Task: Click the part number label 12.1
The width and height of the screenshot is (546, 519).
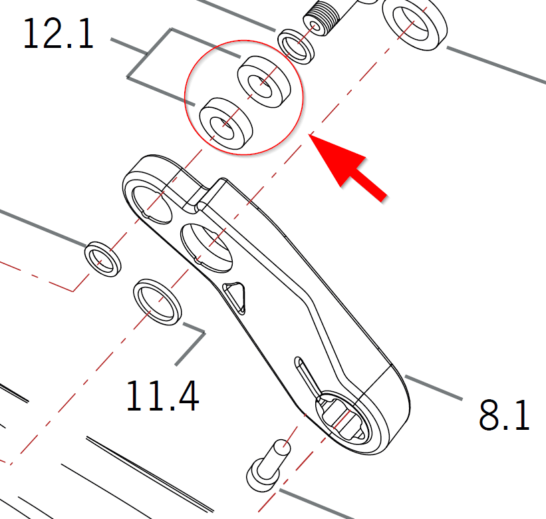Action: click(x=58, y=33)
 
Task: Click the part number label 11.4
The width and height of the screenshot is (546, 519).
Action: click(x=163, y=396)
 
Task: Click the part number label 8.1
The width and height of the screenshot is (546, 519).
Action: click(x=505, y=415)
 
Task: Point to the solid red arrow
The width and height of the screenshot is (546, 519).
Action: click(x=348, y=168)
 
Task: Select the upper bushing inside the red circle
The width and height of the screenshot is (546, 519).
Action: click(x=264, y=81)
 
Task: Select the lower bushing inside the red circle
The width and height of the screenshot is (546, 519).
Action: click(x=225, y=124)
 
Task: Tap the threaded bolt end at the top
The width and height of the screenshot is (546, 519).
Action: click(x=321, y=17)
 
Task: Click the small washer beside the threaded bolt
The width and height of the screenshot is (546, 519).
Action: click(x=296, y=47)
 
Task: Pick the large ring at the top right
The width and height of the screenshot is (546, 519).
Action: click(x=414, y=24)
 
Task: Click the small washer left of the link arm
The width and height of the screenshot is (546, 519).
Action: click(x=102, y=259)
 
